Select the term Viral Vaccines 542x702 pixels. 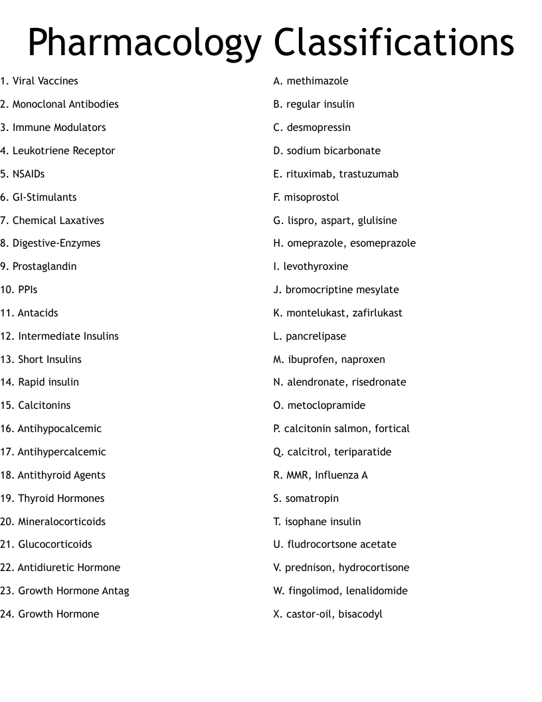45,81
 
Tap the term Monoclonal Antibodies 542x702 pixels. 65,104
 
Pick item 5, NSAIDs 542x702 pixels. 29,174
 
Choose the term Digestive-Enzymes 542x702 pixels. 56,243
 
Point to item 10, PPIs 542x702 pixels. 28,290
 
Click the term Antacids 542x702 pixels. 38,313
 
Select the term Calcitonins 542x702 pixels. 44,406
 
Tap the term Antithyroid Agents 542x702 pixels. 61,475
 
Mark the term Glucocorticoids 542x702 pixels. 55,544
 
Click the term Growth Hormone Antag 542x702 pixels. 73,591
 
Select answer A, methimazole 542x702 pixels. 317,81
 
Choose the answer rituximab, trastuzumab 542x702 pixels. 342,174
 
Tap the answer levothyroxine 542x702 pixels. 316,267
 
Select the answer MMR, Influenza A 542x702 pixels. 326,475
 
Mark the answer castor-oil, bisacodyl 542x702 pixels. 334,614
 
